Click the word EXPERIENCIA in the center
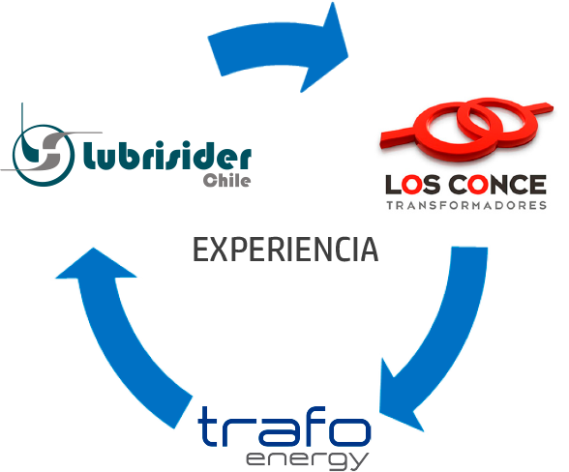(x=285, y=250)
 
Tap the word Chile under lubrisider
(x=226, y=180)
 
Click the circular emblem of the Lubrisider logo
(x=44, y=156)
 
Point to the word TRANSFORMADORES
(x=466, y=205)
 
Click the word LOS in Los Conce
(x=413, y=185)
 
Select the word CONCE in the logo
(x=497, y=185)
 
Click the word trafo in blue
(x=284, y=427)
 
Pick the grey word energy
(x=308, y=460)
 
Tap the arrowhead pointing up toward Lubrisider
(x=95, y=264)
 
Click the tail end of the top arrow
(x=215, y=56)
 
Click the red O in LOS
(x=412, y=185)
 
